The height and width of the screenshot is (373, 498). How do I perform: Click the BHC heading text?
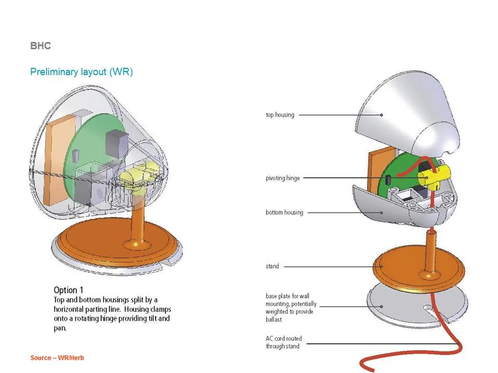40,46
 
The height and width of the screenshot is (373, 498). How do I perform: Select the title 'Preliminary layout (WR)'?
81,72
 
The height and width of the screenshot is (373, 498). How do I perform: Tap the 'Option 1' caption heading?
68,290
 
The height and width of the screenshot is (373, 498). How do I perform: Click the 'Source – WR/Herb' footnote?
57,358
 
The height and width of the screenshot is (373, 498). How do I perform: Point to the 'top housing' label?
280,114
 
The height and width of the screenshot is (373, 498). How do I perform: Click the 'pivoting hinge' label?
283,178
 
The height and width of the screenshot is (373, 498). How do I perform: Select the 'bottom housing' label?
284,212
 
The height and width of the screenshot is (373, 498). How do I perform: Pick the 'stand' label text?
272,266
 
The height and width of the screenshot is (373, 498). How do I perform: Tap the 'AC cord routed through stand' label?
284,342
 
